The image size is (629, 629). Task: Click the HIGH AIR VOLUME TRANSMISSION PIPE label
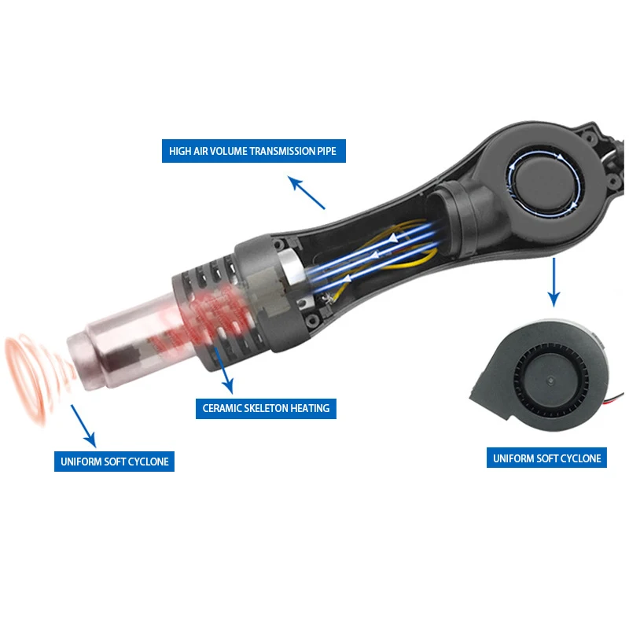pos(253,151)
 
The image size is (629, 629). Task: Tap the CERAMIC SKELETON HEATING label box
pos(266,408)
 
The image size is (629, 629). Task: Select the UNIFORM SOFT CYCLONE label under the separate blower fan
pos(546,458)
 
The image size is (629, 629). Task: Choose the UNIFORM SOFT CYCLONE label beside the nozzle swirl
pos(114,462)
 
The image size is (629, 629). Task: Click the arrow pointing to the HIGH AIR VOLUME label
pos(306,193)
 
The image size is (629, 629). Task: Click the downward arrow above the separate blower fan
pos(554,282)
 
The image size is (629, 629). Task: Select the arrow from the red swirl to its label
pos(83,426)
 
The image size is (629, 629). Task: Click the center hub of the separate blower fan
pos(550,380)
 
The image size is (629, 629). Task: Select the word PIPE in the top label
pos(326,151)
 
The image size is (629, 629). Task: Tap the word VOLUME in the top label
pos(225,151)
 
